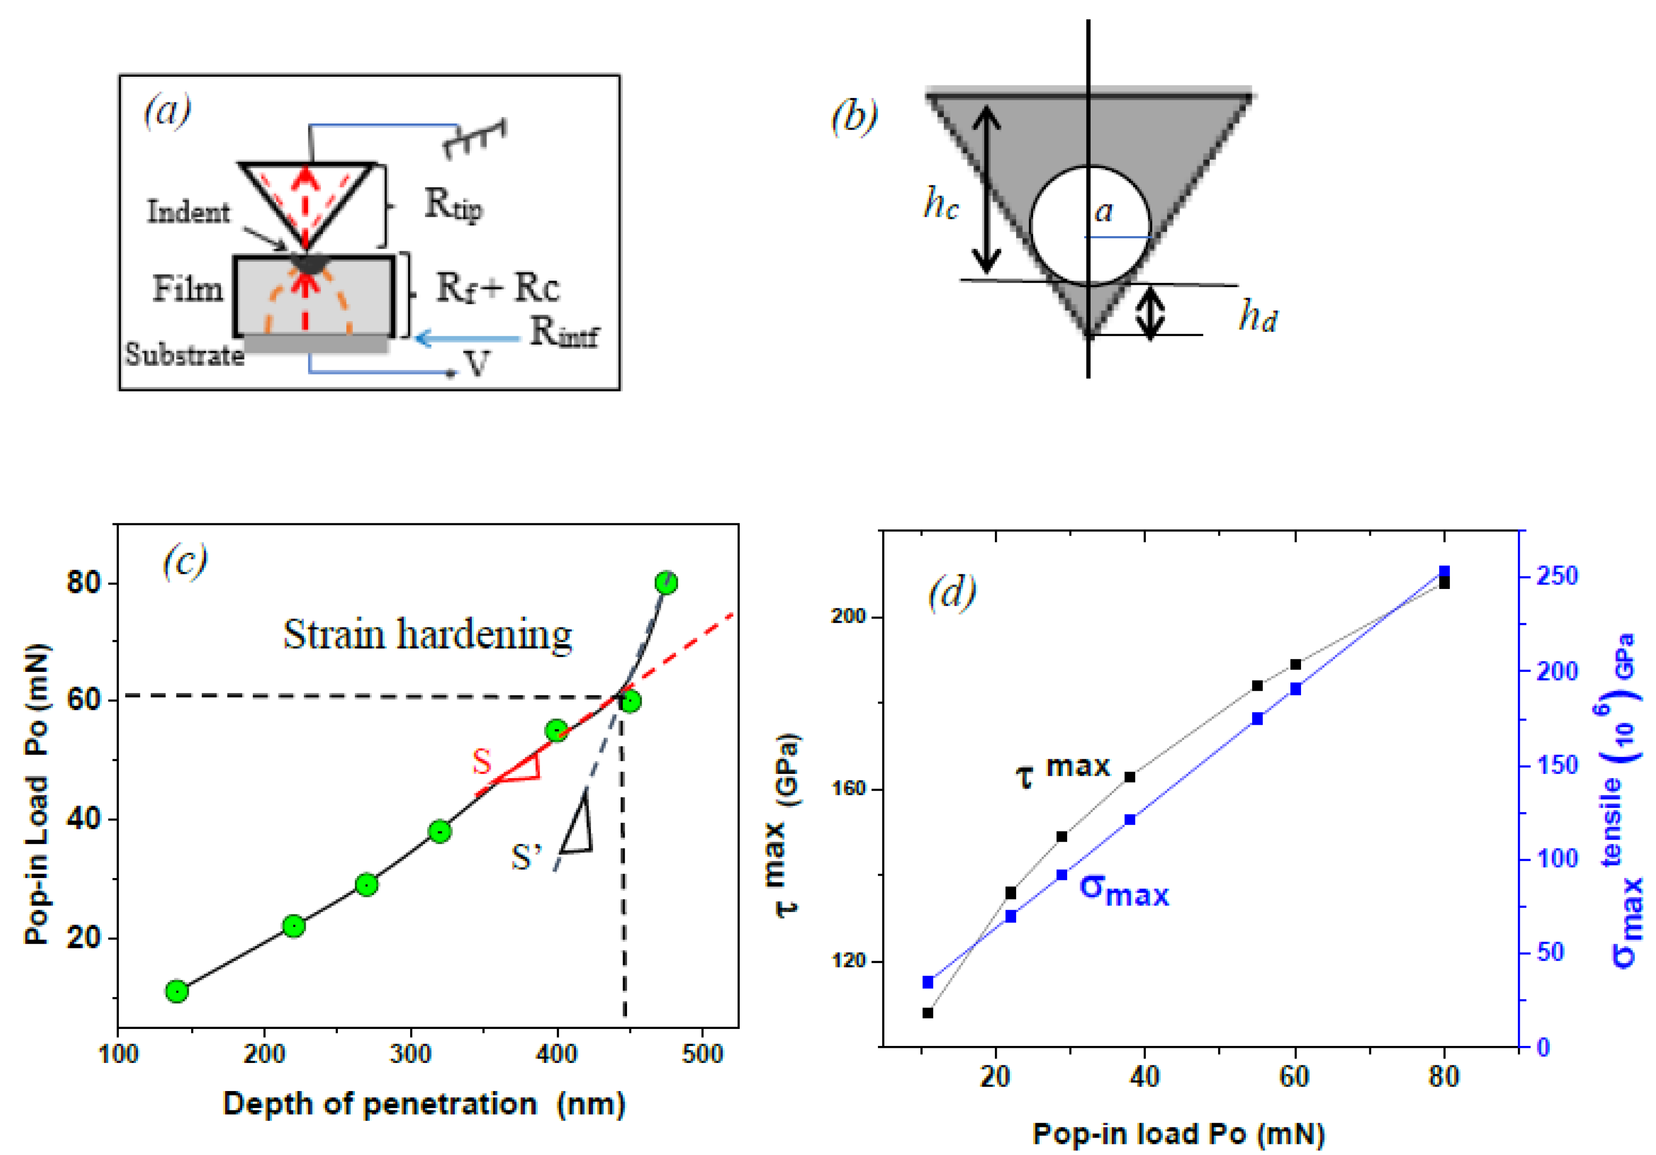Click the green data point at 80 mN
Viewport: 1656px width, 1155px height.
pyautogui.click(x=666, y=583)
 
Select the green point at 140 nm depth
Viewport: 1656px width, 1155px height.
pyautogui.click(x=177, y=991)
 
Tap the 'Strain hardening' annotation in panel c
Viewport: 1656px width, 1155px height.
pyautogui.click(x=428, y=635)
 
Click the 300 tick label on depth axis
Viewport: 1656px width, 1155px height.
pyautogui.click(x=410, y=1054)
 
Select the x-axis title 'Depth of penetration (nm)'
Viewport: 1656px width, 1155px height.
pyautogui.click(x=424, y=1104)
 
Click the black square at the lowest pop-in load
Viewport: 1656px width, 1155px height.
pyautogui.click(x=928, y=1013)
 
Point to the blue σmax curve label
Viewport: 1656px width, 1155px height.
pyautogui.click(x=1124, y=891)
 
